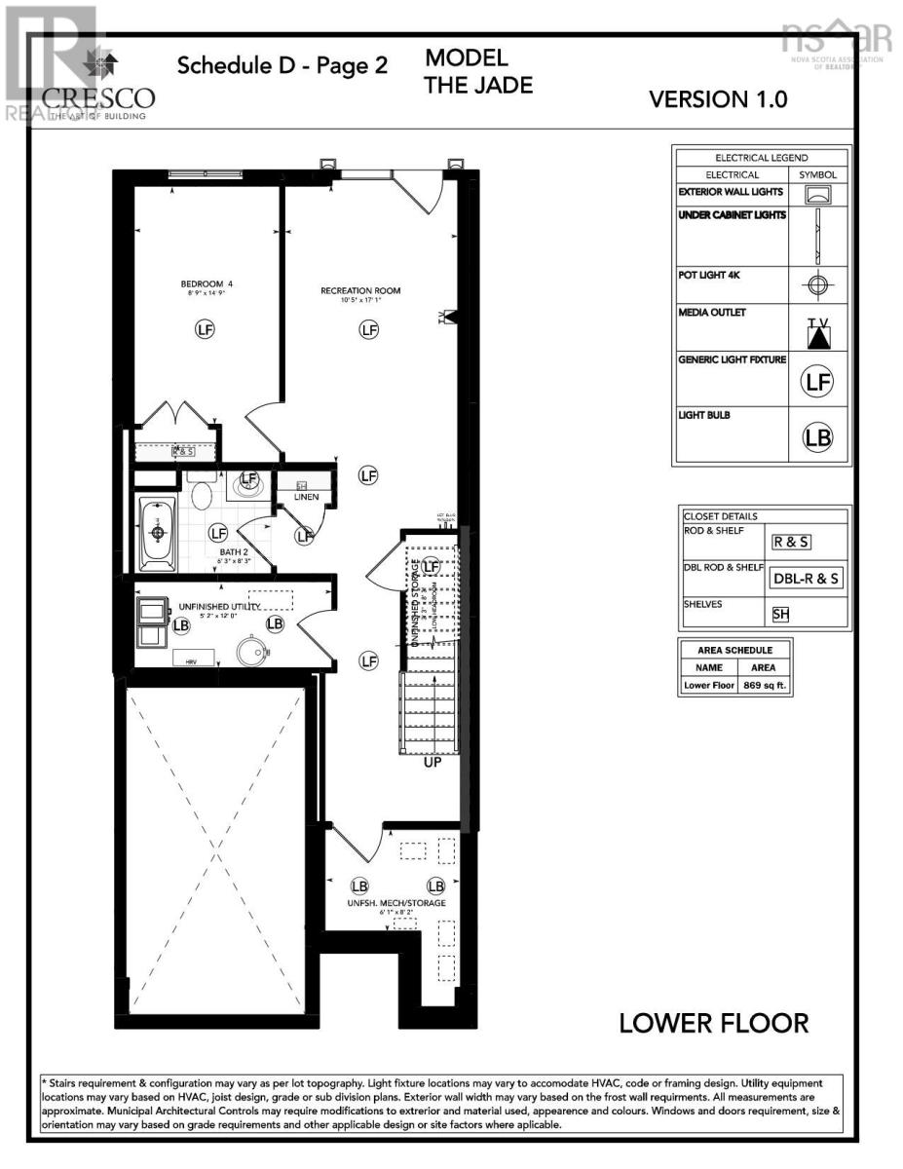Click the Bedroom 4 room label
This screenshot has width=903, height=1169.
pos(206,284)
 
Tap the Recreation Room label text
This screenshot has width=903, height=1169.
pos(360,290)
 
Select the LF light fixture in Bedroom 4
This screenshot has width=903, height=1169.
pos(206,329)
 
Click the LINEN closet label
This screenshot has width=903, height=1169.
pos(306,497)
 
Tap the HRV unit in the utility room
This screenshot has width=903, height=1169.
pos(186,660)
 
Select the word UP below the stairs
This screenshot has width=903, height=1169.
pos(433,762)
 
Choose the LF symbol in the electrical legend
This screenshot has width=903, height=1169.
pos(818,382)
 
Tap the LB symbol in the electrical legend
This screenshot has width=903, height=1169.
pos(818,437)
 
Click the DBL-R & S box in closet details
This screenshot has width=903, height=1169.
pos(806,578)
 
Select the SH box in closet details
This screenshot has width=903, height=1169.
pos(780,614)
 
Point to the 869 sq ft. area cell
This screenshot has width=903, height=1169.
pos(764,686)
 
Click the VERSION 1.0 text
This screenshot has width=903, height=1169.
pos(718,98)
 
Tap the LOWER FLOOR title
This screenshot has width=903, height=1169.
pos(714,1023)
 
